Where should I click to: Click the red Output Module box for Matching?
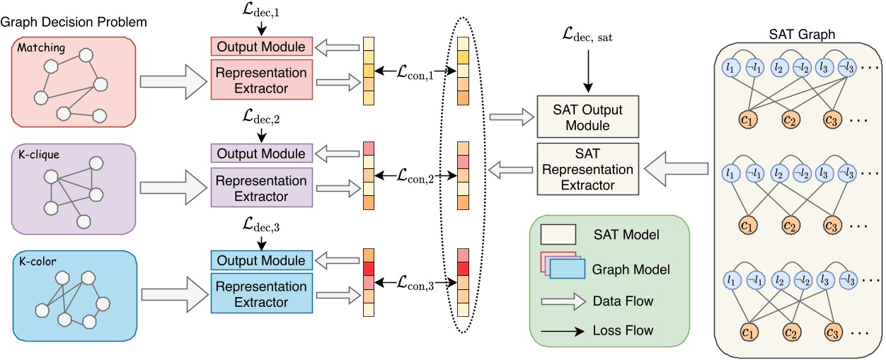tap(262, 47)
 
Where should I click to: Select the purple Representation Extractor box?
tap(262, 187)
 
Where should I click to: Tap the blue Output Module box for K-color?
tap(262, 260)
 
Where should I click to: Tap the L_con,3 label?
tap(414, 283)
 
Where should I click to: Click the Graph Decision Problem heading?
tap(73, 22)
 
